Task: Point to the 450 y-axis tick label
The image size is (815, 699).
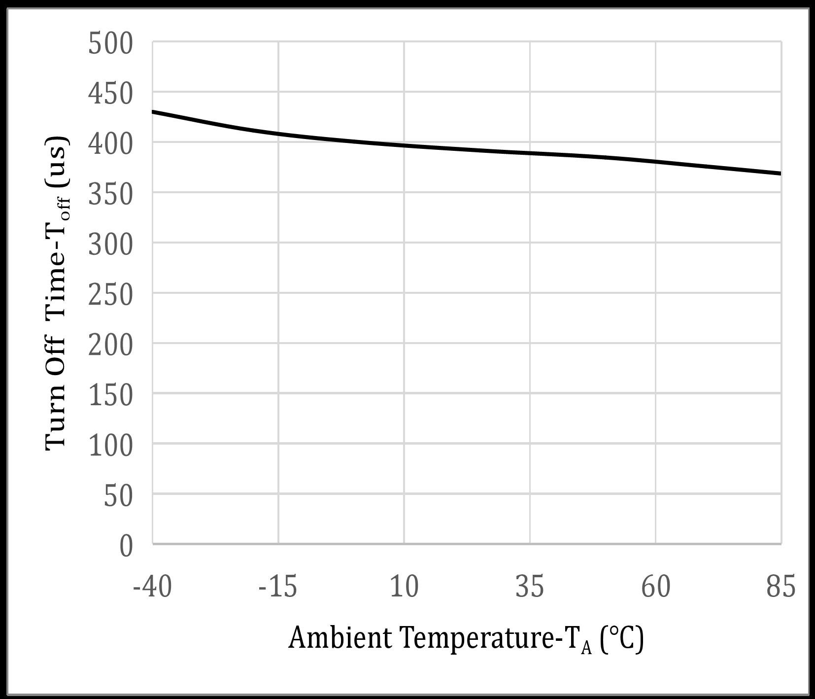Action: pyautogui.click(x=110, y=94)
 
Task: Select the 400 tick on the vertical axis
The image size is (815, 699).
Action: pyautogui.click(x=110, y=144)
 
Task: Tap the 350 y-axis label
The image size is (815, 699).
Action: pyautogui.click(x=110, y=194)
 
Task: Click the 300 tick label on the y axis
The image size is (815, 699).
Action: pyautogui.click(x=110, y=245)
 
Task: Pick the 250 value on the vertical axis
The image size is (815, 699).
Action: pyautogui.click(x=110, y=295)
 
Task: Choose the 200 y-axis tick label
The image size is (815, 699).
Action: pyautogui.click(x=110, y=345)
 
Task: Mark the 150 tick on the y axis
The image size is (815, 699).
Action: pyautogui.click(x=110, y=395)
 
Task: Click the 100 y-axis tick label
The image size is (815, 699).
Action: pyautogui.click(x=110, y=446)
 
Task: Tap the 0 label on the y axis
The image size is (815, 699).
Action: pyautogui.click(x=126, y=546)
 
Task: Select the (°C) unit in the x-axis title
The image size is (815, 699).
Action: pyautogui.click(x=622, y=639)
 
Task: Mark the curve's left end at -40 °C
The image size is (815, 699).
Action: pyautogui.click(x=153, y=112)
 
